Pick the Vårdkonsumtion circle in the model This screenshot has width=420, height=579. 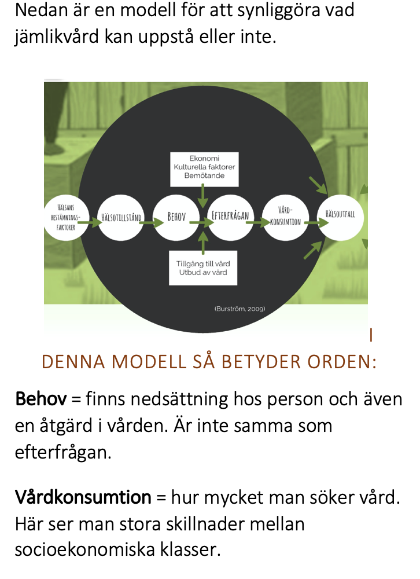tap(285, 218)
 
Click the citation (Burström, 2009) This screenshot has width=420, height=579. tap(240, 309)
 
